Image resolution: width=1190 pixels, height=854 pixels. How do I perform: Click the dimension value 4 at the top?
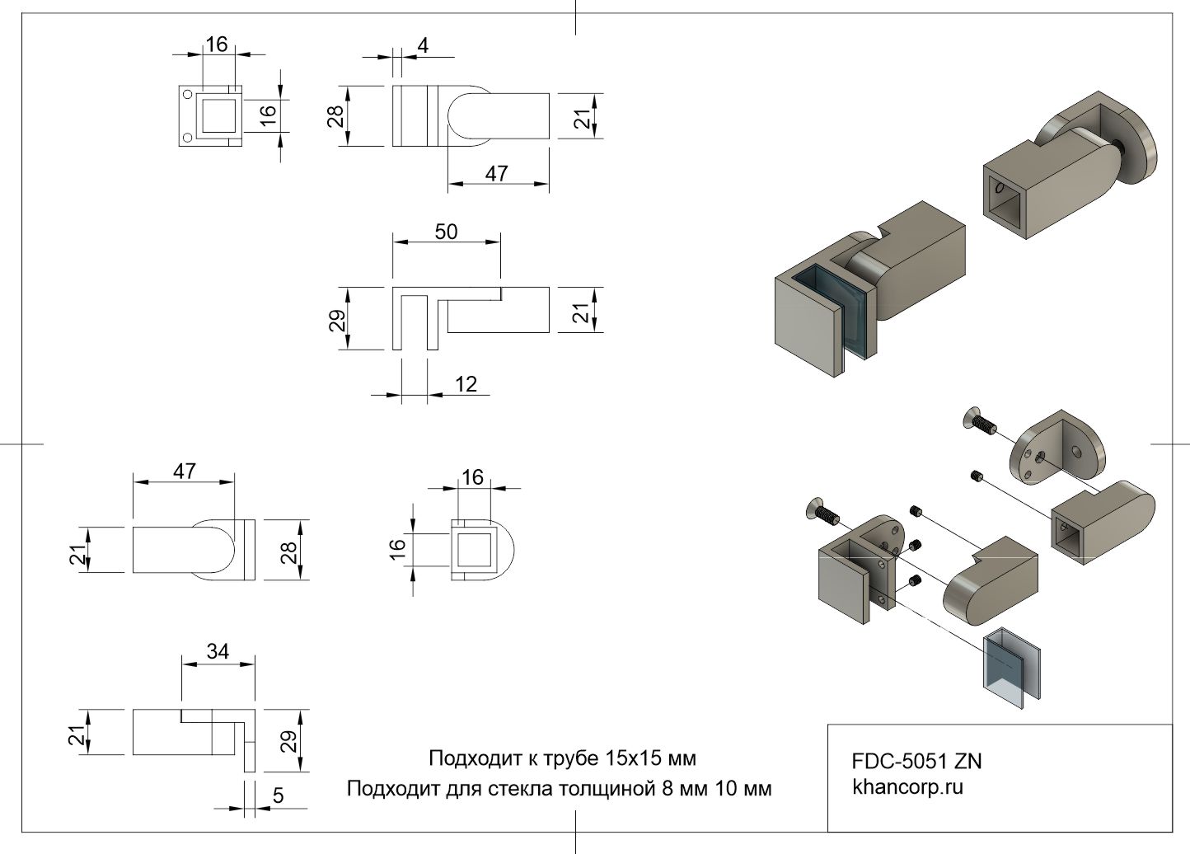(423, 45)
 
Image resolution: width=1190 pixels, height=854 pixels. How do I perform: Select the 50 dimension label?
(446, 232)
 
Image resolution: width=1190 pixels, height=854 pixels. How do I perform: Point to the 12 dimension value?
(466, 384)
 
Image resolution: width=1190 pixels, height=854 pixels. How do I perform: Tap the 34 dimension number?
(218, 652)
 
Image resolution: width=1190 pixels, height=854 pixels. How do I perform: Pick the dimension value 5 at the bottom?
(279, 795)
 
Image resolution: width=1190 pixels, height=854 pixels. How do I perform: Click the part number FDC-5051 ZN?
(916, 761)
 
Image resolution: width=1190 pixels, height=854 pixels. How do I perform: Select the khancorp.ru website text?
(907, 787)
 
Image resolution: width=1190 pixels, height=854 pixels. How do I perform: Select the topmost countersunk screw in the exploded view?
(977, 420)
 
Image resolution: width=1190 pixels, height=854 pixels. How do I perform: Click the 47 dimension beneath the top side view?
(496, 174)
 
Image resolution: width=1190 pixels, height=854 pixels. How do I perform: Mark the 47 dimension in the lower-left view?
(185, 471)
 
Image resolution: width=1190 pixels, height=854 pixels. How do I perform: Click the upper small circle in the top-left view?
(187, 94)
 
